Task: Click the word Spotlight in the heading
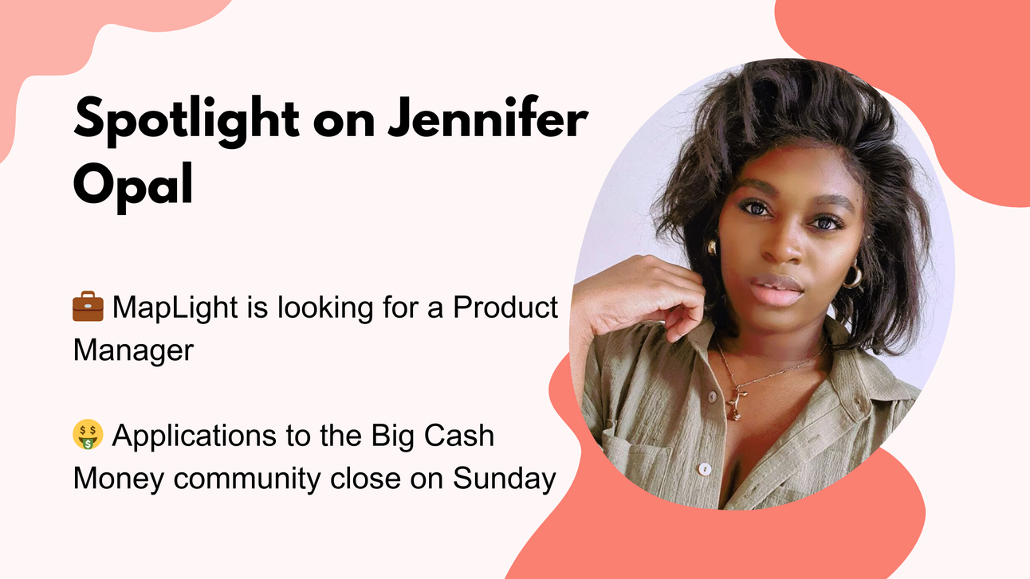[x=187, y=121]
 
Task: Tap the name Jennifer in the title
[x=488, y=117]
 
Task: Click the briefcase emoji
[x=88, y=306]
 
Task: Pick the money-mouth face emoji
[x=88, y=434]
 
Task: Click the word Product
[x=505, y=307]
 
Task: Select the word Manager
[x=133, y=351]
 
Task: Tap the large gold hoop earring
[x=854, y=274]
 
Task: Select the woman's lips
[x=777, y=290]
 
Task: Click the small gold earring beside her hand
[x=712, y=247]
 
